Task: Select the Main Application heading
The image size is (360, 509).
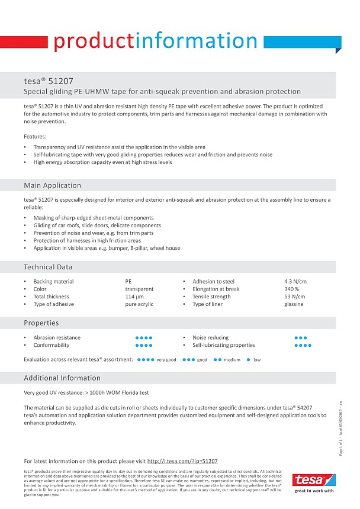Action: pyautogui.click(x=53, y=185)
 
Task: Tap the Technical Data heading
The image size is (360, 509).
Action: pyautogui.click(x=48, y=267)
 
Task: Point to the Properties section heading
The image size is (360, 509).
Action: pyautogui.click(x=41, y=323)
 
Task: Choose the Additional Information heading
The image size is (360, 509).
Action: pyautogui.click(x=62, y=378)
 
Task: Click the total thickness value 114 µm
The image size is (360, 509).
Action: pyautogui.click(x=135, y=297)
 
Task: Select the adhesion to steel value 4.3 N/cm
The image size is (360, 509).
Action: pyautogui.click(x=295, y=282)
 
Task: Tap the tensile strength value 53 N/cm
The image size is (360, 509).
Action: pyautogui.click(x=294, y=297)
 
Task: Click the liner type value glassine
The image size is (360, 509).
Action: pyautogui.click(x=294, y=304)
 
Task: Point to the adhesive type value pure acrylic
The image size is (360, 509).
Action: pyautogui.click(x=139, y=304)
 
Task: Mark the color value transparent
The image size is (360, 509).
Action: pyautogui.click(x=139, y=289)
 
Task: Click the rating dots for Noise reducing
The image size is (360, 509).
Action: pyautogui.click(x=301, y=337)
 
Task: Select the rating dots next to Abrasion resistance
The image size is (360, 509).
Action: pyautogui.click(x=144, y=337)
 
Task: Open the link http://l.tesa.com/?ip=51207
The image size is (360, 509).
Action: pyautogui.click(x=182, y=460)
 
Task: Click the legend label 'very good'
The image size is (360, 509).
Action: pyautogui.click(x=166, y=360)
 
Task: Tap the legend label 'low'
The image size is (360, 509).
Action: pyautogui.click(x=257, y=360)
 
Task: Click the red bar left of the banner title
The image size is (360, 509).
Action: pyautogui.click(x=24, y=42)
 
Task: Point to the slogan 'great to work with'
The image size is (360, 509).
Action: pyautogui.click(x=314, y=491)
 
